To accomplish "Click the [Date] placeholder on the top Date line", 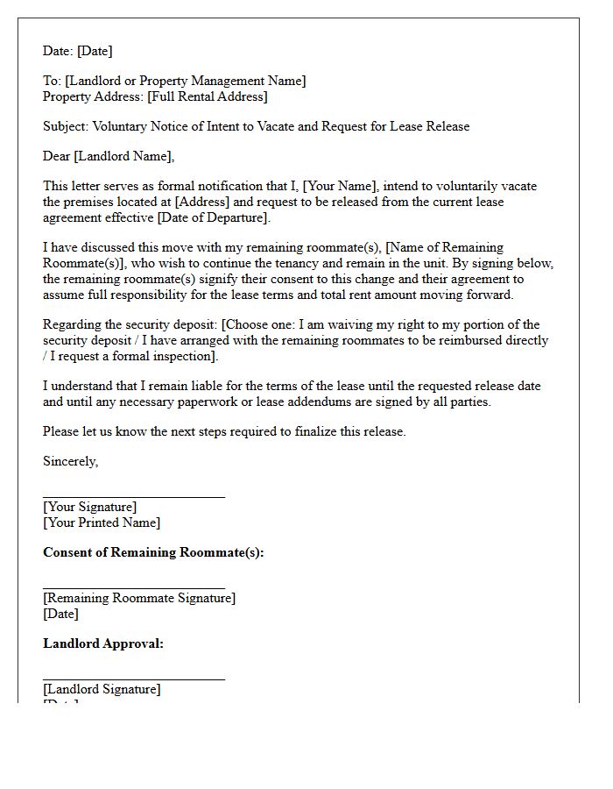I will coord(95,51).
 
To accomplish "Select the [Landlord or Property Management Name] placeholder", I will coord(186,81).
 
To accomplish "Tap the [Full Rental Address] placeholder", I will coord(208,96).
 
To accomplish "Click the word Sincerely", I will coord(70,461).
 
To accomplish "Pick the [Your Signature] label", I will coord(89,507).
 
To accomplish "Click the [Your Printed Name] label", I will coord(102,522).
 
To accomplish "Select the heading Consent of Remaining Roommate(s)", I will coord(153,552).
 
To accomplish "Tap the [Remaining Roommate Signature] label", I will coord(139,598).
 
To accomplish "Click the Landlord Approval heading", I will coord(103,643).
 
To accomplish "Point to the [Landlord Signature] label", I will coord(102,689).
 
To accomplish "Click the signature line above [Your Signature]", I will coord(133,497).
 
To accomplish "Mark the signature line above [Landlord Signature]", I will coord(133,679).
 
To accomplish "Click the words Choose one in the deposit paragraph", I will coord(263,324).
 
